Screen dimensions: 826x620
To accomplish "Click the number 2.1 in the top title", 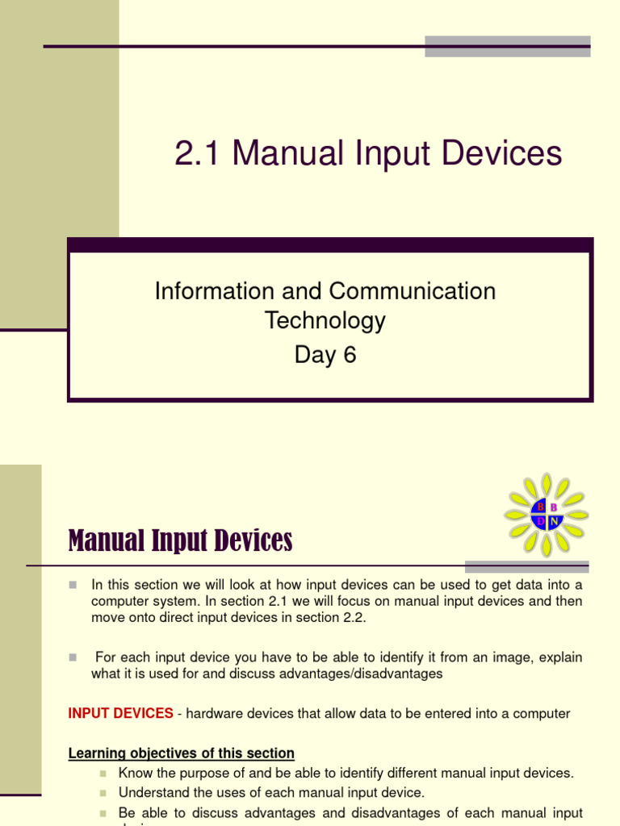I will [x=199, y=153].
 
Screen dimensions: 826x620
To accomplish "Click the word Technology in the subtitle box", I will [x=325, y=321].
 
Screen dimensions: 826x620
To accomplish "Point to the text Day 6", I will [x=325, y=355].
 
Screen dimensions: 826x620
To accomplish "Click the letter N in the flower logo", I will [x=555, y=522].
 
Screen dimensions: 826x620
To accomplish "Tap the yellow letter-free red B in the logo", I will [x=555, y=507].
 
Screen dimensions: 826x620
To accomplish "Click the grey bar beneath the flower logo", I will [x=526, y=566].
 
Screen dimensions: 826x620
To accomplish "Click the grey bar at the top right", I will [x=507, y=46].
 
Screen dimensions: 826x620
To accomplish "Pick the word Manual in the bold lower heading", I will [x=107, y=541].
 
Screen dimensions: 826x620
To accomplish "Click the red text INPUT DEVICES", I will [x=120, y=713].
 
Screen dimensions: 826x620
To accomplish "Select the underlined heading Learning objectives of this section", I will [x=181, y=753].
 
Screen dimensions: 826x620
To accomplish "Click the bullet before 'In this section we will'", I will [x=73, y=584].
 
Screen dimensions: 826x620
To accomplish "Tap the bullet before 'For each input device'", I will [x=73, y=657].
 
